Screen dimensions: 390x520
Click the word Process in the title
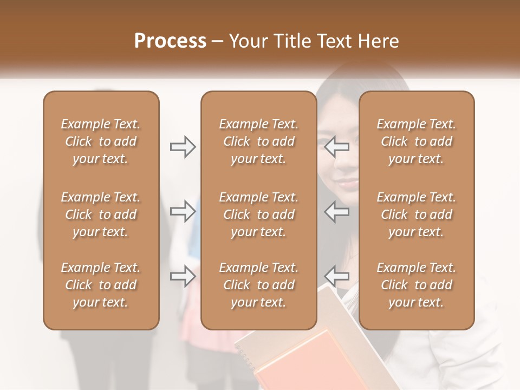coord(170,41)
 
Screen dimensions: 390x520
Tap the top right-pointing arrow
coord(183,147)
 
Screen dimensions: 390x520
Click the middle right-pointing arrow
coord(183,211)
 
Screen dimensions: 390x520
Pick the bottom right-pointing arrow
coord(183,276)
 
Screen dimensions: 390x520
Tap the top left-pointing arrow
coord(337,147)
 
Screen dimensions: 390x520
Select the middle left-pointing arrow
coord(337,211)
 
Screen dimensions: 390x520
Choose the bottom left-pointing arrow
coord(337,276)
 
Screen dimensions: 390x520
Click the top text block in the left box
coord(101,141)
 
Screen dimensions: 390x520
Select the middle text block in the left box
coord(101,214)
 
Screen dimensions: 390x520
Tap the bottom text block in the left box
coord(101,285)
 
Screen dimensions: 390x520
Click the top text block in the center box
coord(258,141)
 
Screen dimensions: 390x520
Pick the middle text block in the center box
coord(258,214)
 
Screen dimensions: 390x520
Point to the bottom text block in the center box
coord(258,285)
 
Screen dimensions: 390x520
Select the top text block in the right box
coord(417,141)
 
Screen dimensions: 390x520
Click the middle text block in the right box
coord(417,214)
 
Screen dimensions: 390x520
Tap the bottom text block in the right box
coord(417,285)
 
